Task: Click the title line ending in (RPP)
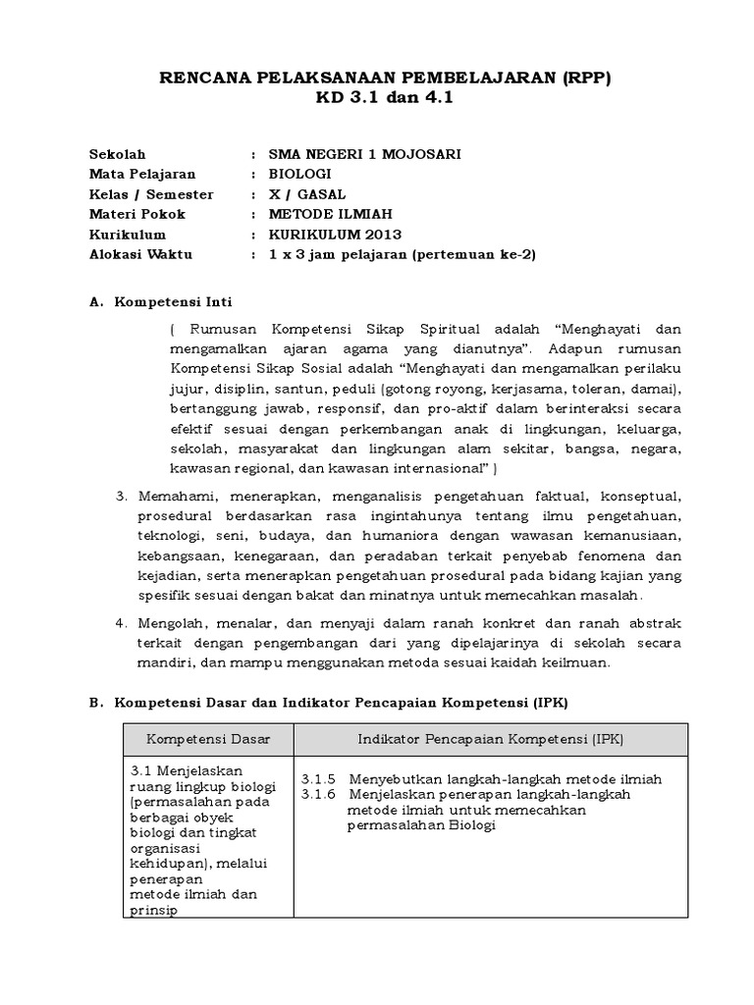point(385,79)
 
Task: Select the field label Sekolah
point(117,154)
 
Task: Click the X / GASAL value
point(308,194)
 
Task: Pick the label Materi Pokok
point(136,214)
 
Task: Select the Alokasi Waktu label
point(140,254)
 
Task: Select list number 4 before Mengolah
point(120,623)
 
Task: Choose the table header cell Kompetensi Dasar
point(207,738)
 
